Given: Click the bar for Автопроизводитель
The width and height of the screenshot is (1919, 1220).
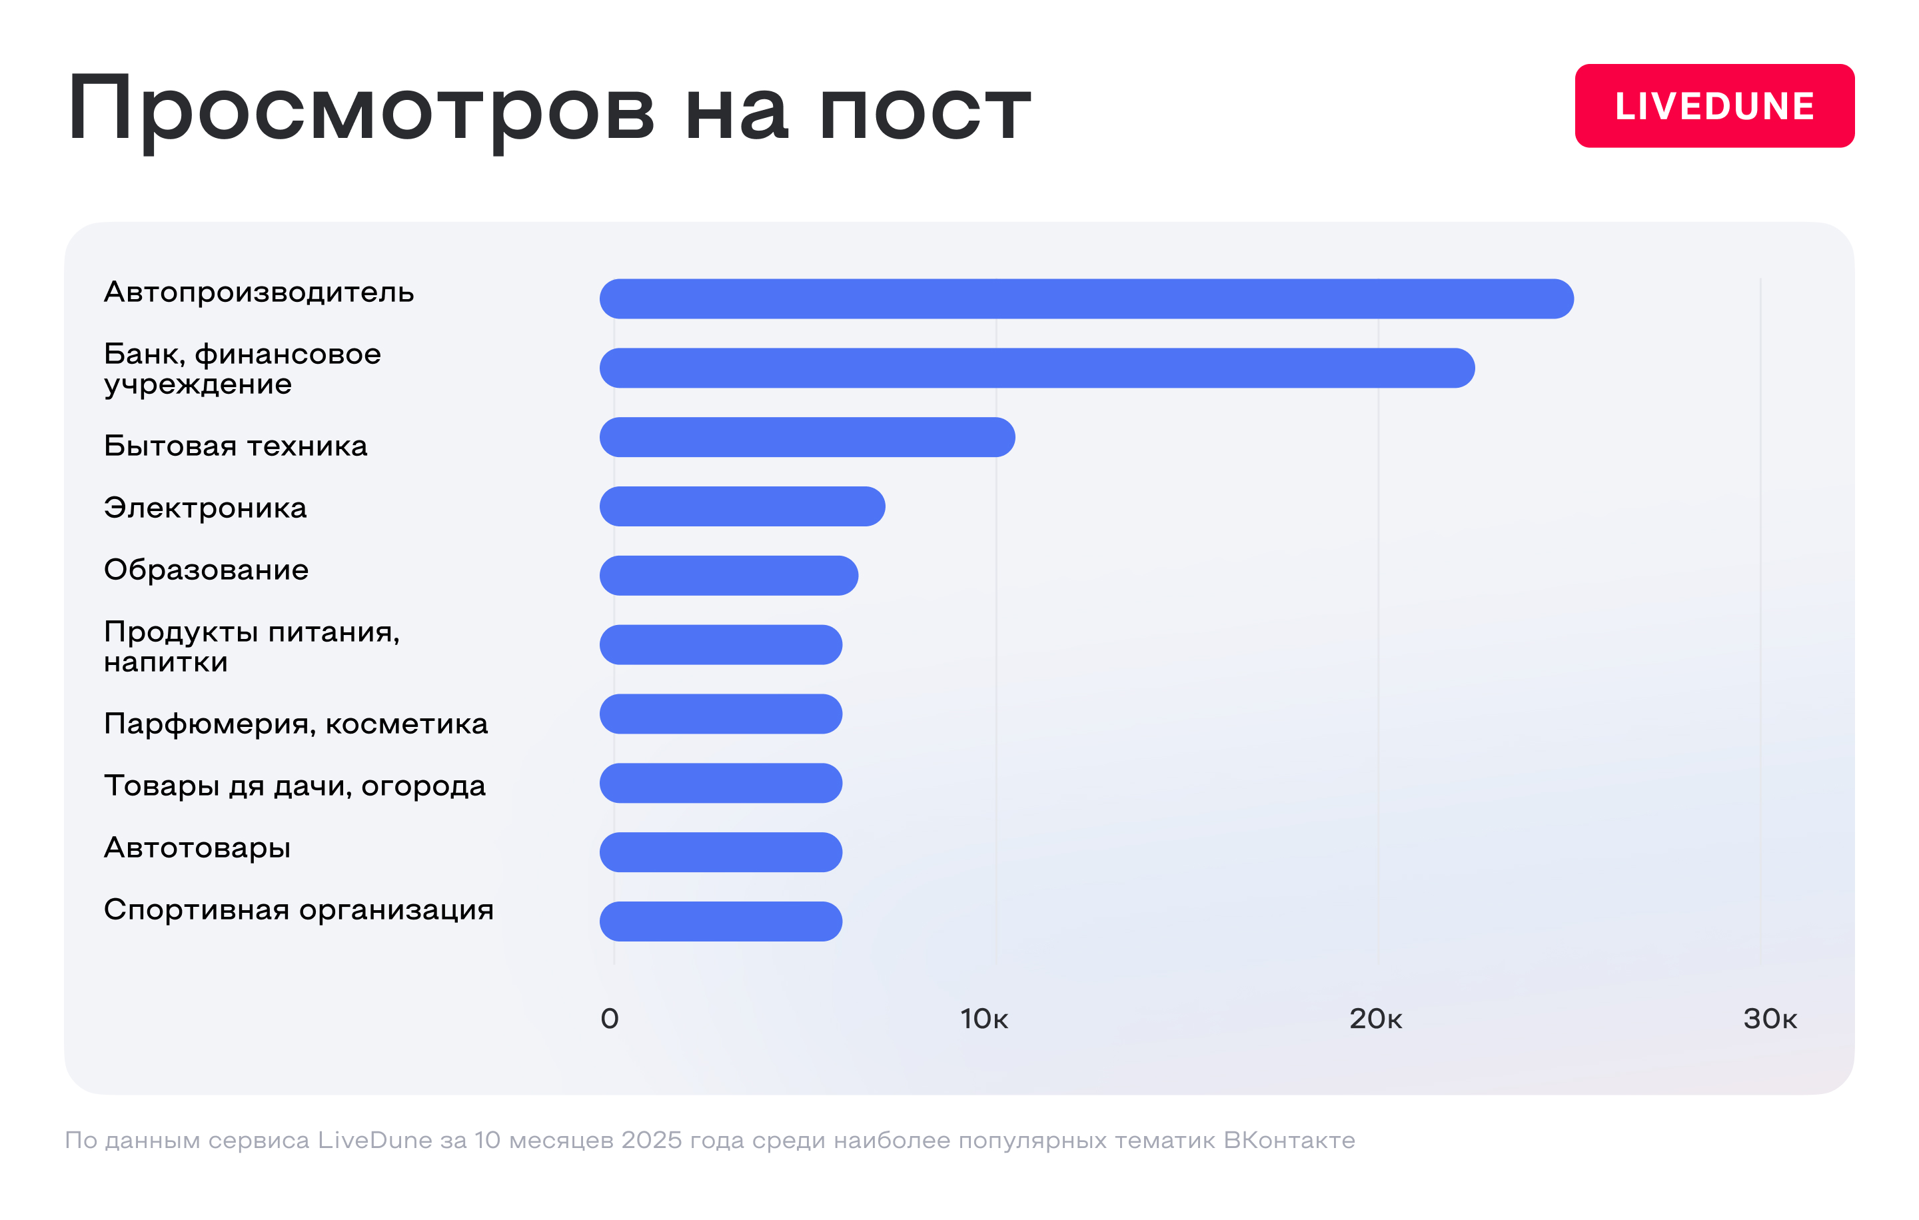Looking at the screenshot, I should pos(1086,299).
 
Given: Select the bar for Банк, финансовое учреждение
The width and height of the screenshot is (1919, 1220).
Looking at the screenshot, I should pos(1037,368).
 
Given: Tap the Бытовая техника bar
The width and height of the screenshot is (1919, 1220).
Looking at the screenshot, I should pos(808,438).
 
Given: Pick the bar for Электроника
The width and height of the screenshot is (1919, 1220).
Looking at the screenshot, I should pos(742,507).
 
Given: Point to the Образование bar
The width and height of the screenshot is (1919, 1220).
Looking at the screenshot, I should pos(728,575).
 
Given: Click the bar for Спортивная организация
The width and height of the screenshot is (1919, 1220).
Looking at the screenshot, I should pos(720,921).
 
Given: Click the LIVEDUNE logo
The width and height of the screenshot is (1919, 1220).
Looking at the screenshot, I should pos(1714,106).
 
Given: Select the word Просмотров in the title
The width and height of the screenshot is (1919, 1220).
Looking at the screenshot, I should pos(361,110).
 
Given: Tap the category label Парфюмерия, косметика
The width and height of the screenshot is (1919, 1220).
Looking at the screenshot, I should pos(296,724).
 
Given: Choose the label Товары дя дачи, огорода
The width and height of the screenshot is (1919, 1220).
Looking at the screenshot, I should pos(295,786).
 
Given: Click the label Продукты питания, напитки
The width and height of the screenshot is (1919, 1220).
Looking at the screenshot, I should pos(252,646).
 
